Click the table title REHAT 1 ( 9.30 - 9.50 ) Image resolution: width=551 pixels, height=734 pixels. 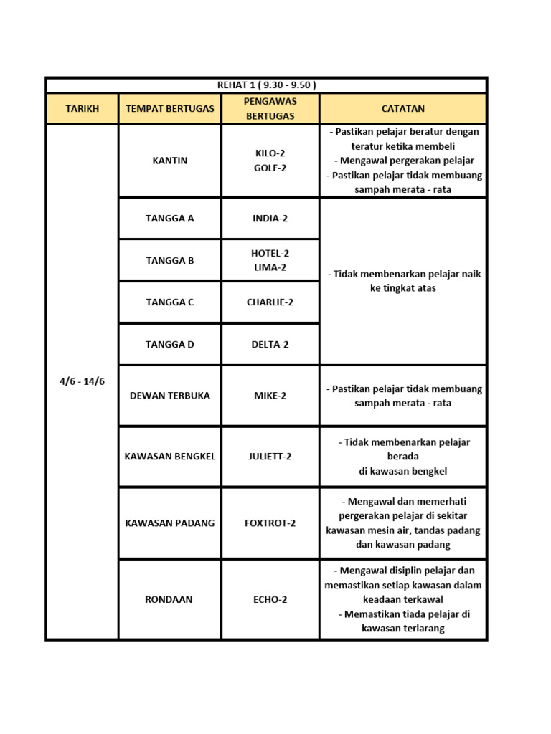[266, 85]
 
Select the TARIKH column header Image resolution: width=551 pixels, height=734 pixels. [82, 109]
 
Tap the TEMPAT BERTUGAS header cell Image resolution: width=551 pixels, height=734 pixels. [169, 109]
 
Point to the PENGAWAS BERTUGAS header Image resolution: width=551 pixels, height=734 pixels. [270, 108]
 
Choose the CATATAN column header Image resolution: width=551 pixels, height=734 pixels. [402, 109]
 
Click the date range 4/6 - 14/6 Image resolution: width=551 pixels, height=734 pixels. [82, 381]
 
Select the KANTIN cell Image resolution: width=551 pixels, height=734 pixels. [169, 161]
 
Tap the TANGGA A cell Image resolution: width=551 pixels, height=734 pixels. [169, 219]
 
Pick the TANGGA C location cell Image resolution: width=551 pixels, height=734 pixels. [169, 302]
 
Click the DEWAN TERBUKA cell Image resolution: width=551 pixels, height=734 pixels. [169, 396]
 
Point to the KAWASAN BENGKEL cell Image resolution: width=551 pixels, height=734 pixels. [169, 457]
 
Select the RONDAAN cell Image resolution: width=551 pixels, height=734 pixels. [169, 599]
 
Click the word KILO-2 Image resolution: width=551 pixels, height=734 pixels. [270, 153]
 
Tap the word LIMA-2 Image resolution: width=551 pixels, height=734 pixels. [270, 267]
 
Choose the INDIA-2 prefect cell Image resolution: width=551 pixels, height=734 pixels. [270, 219]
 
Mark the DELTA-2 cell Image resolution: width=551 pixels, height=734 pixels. [270, 345]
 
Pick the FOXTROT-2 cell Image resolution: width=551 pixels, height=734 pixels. [270, 523]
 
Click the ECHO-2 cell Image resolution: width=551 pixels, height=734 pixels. [270, 599]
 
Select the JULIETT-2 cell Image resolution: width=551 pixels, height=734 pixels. [270, 457]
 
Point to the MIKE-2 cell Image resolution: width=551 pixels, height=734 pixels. [270, 396]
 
